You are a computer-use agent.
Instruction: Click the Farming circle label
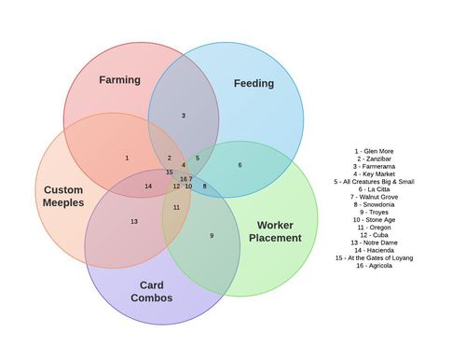[x=119, y=79]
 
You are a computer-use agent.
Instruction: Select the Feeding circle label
[x=254, y=83]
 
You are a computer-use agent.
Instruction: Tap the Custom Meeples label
[x=63, y=196]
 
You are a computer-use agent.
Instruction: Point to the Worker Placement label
[x=275, y=231]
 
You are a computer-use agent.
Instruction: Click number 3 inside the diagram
[x=184, y=116]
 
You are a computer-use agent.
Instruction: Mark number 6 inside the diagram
[x=240, y=165]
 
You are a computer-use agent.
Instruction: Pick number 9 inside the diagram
[x=212, y=235]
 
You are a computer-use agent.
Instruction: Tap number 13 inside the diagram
[x=134, y=221]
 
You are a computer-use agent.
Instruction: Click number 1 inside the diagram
[x=127, y=158]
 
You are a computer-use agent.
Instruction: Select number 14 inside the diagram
[x=148, y=186]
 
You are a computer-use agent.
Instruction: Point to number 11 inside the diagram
[x=176, y=207]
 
